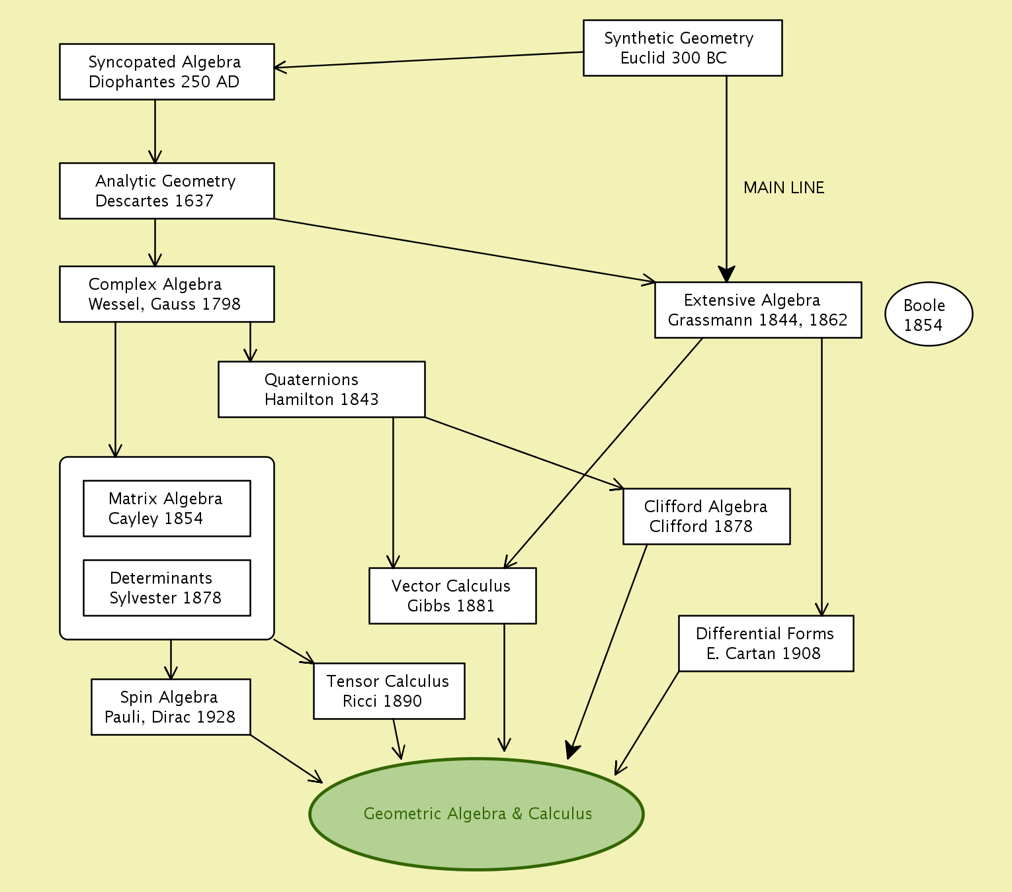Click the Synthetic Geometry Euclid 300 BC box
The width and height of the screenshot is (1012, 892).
pos(682,48)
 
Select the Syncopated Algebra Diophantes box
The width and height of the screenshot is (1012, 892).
pos(167,71)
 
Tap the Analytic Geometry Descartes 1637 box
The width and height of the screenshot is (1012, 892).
pos(167,191)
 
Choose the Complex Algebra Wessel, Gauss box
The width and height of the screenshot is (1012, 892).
pos(167,294)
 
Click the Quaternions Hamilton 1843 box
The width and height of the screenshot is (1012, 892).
pos(321,389)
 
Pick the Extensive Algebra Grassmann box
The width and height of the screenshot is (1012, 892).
pos(758,310)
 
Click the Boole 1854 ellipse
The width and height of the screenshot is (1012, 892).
pos(929,314)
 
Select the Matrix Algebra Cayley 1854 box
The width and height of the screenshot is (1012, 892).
pos(167,508)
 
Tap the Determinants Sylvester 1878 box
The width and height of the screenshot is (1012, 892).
pos(167,588)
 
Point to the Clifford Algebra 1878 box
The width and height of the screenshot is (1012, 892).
pos(706,516)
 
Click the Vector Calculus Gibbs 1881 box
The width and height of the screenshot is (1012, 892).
pos(452,596)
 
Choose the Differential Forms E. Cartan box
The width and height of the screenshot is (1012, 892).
pos(766,643)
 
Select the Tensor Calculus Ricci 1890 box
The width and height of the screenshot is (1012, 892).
pos(389,691)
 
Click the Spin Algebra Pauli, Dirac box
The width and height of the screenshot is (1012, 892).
pos(171,707)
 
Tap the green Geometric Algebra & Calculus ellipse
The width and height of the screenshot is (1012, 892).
pos(476,814)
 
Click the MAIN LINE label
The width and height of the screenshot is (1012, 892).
pos(784,188)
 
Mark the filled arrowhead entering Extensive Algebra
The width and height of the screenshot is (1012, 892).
pos(726,274)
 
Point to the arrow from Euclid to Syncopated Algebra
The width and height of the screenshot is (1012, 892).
pos(430,60)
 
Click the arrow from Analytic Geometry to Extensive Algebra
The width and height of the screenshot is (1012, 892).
pos(463,250)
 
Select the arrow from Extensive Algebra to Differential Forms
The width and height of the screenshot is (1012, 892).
pos(822,476)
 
